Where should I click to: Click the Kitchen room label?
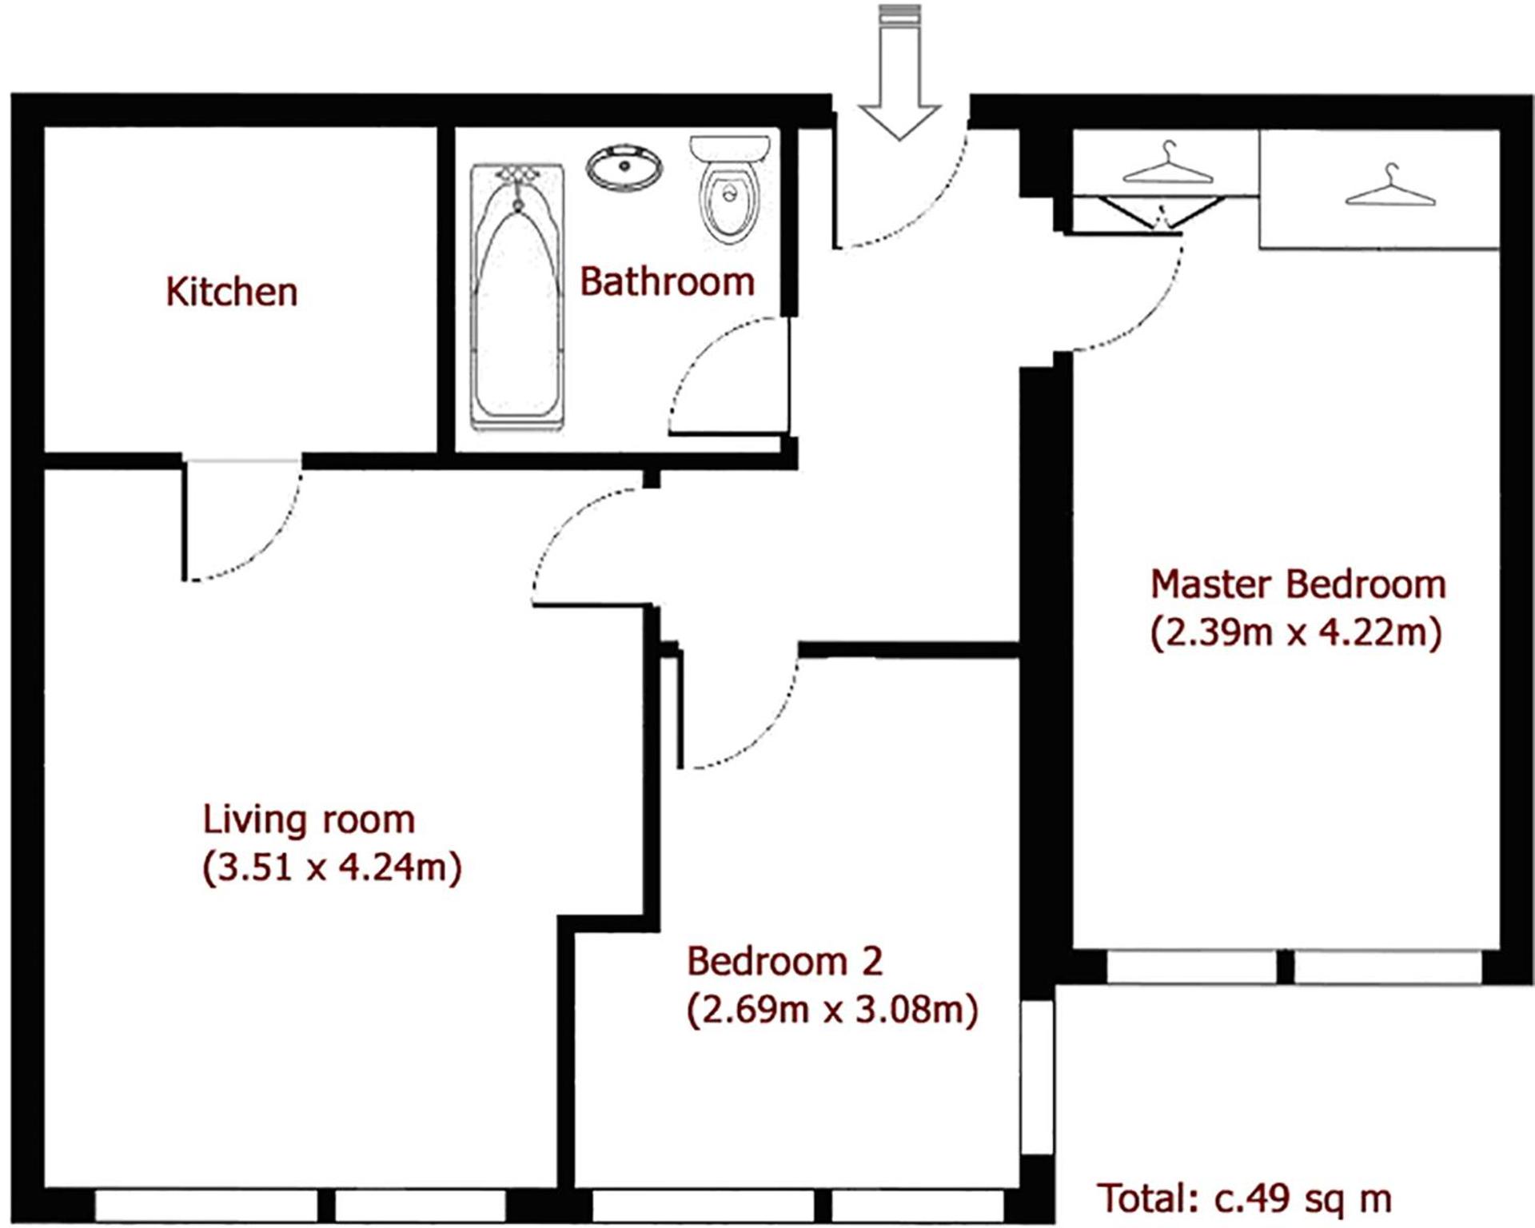click(x=232, y=291)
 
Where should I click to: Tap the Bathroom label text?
click(x=668, y=281)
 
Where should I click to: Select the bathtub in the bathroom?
click(x=517, y=297)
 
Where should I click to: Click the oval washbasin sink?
click(x=624, y=168)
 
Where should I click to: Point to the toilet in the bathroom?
click(x=729, y=189)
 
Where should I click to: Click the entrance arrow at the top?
click(x=899, y=72)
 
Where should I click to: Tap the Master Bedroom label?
click(x=1298, y=584)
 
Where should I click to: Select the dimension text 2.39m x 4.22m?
click(x=1296, y=632)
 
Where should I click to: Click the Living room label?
click(x=309, y=820)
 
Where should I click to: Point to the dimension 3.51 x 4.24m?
click(x=332, y=867)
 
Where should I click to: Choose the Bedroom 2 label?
click(x=785, y=961)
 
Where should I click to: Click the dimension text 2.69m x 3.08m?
click(x=832, y=1010)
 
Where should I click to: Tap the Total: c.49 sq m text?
click(x=1244, y=1198)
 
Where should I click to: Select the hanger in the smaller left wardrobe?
click(x=1168, y=163)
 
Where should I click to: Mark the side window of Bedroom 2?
click(x=1038, y=1077)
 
